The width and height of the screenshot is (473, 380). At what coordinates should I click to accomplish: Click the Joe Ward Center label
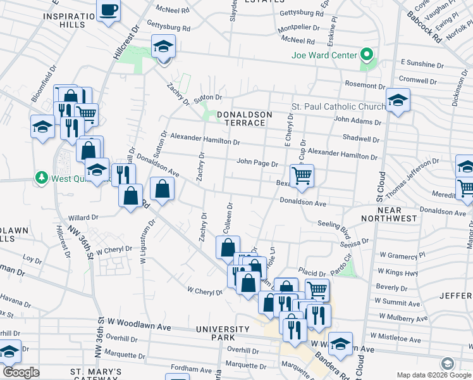tap(324, 55)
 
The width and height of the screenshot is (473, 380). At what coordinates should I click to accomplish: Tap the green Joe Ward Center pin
tap(365, 54)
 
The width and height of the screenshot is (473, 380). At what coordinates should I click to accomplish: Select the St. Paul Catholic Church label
tap(338, 106)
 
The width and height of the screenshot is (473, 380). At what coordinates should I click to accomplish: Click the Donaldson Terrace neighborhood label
tap(244, 118)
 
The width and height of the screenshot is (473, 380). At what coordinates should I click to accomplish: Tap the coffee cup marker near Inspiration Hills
tap(109, 11)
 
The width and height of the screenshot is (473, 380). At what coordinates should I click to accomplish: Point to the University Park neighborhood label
tap(223, 334)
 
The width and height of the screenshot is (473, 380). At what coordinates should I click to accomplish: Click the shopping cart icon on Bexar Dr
tap(302, 175)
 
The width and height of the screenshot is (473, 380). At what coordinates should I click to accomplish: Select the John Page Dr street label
tap(257, 163)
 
